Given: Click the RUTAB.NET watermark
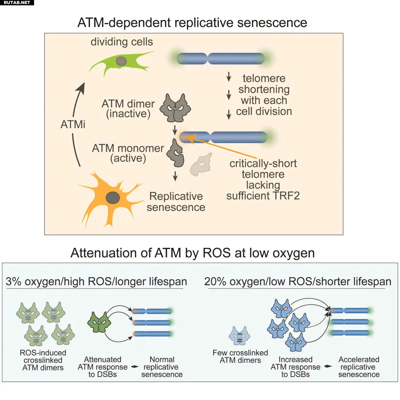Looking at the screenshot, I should (17, 2).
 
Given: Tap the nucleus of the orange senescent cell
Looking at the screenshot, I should (113, 197).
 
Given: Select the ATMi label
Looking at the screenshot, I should (73, 124).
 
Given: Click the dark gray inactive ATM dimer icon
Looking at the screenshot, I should (175, 108).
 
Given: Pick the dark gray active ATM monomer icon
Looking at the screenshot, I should (176, 153).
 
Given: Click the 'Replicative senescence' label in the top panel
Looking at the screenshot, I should (176, 202).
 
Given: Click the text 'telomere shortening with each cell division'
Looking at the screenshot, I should (264, 95).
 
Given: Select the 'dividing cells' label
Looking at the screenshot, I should (122, 42).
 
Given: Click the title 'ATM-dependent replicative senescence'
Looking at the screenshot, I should (192, 22).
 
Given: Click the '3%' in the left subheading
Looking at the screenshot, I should (13, 282).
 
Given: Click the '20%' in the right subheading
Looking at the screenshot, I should (215, 282).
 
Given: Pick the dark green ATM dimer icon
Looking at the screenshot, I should (99, 322).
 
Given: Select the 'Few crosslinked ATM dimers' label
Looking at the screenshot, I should (240, 357).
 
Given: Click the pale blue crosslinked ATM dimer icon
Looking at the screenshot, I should (240, 336).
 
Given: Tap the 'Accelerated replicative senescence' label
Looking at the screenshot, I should (359, 367).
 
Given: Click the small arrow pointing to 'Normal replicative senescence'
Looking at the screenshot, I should (135, 367).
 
